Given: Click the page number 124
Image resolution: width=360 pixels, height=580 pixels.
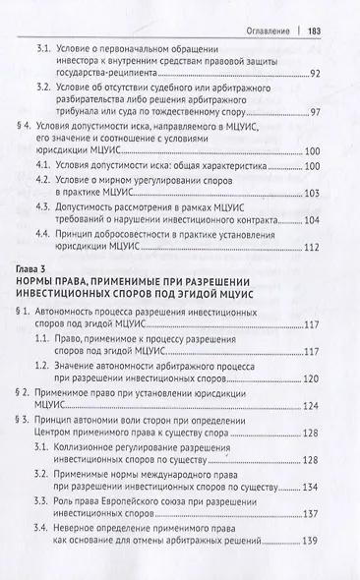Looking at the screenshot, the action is (x=314, y=465).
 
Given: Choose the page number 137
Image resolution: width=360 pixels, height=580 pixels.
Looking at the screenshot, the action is (x=314, y=570).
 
